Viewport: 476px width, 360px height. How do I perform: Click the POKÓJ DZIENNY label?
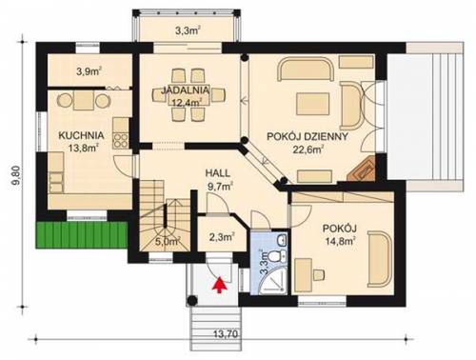pos(307,135)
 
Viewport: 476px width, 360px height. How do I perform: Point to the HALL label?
pos(219,172)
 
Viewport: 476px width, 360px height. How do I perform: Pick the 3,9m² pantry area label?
pos(89,71)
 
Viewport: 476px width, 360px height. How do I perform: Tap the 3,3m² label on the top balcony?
pos(188,30)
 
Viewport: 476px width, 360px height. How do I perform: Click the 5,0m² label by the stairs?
pos(165,242)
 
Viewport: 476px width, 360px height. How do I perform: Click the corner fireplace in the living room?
pos(363,171)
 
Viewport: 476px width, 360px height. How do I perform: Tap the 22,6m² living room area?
pos(307,149)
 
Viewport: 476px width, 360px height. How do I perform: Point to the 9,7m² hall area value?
pos(219,186)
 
